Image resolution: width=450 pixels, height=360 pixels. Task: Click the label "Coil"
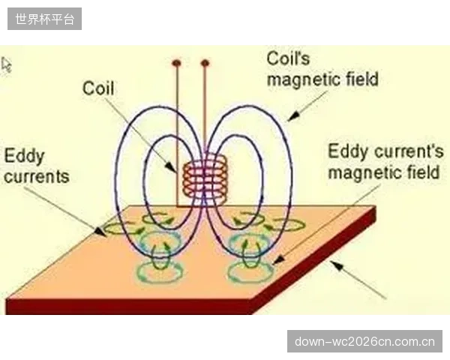(x=98, y=88)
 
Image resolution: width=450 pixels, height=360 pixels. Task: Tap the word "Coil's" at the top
(x=288, y=58)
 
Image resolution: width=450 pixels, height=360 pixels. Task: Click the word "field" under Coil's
(x=362, y=79)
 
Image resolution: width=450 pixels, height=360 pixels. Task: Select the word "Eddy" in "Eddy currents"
(x=25, y=157)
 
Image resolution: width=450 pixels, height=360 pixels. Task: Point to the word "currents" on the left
(x=37, y=176)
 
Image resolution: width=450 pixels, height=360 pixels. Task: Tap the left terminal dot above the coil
(x=176, y=62)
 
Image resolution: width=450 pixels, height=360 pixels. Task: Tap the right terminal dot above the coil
(x=205, y=63)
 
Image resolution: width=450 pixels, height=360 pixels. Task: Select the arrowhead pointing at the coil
(x=171, y=167)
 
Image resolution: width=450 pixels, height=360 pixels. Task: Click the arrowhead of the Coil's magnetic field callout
(x=293, y=115)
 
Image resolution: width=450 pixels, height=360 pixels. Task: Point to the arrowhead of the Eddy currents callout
(x=100, y=232)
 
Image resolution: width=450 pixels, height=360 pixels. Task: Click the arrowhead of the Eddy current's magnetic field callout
(x=277, y=260)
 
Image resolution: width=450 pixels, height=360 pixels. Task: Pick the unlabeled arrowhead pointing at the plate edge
(x=336, y=265)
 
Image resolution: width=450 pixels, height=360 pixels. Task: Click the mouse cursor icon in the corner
(x=6, y=64)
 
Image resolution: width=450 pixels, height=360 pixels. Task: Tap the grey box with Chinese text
(x=44, y=19)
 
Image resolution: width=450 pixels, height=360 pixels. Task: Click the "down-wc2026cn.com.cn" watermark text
(x=364, y=342)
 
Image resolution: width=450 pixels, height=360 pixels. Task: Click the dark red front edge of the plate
(x=129, y=307)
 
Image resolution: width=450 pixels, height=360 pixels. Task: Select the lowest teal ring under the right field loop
(x=250, y=271)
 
